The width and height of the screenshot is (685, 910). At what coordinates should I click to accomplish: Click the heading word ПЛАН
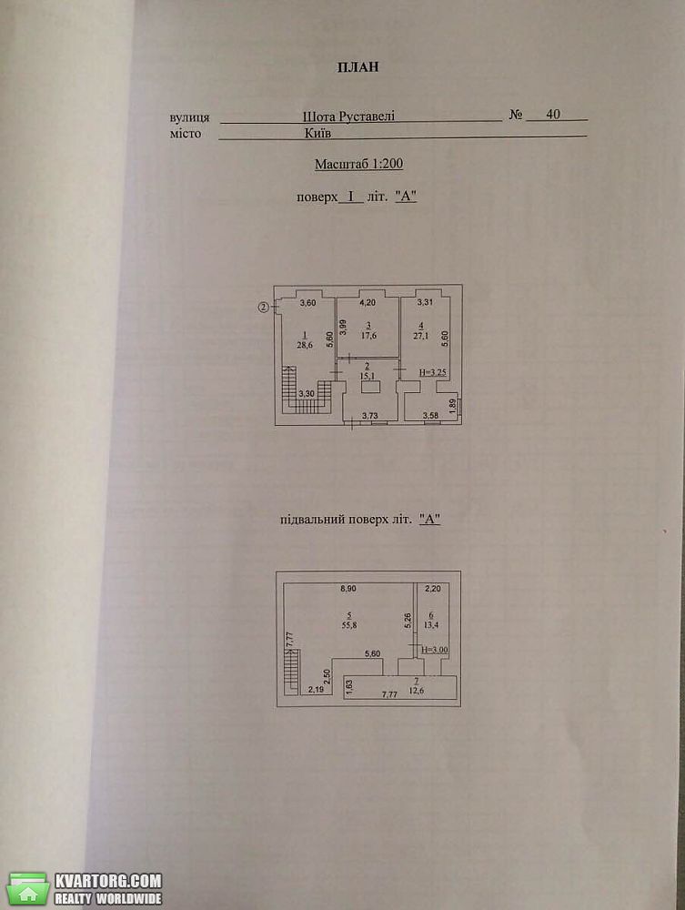pyautogui.click(x=358, y=66)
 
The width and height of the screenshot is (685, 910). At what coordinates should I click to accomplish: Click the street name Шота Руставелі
pyautogui.click(x=348, y=116)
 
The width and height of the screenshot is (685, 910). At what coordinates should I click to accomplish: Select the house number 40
pyautogui.click(x=553, y=114)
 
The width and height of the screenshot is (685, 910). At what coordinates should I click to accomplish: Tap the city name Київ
pyautogui.click(x=317, y=132)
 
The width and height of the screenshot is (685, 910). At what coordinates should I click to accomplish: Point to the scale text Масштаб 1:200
pyautogui.click(x=359, y=164)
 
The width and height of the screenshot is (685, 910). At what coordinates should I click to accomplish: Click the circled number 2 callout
pyautogui.click(x=263, y=308)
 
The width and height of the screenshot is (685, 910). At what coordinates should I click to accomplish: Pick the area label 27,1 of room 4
pyautogui.click(x=421, y=335)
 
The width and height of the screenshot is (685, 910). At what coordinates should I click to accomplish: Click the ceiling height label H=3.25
pyautogui.click(x=433, y=372)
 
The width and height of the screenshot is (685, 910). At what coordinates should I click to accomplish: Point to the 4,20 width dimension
pyautogui.click(x=368, y=302)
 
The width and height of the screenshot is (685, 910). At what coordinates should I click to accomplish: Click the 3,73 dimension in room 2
pyautogui.click(x=370, y=415)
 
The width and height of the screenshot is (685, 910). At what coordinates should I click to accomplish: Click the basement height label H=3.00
pyautogui.click(x=435, y=650)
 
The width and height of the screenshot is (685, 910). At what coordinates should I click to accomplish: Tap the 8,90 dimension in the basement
pyautogui.click(x=348, y=588)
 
